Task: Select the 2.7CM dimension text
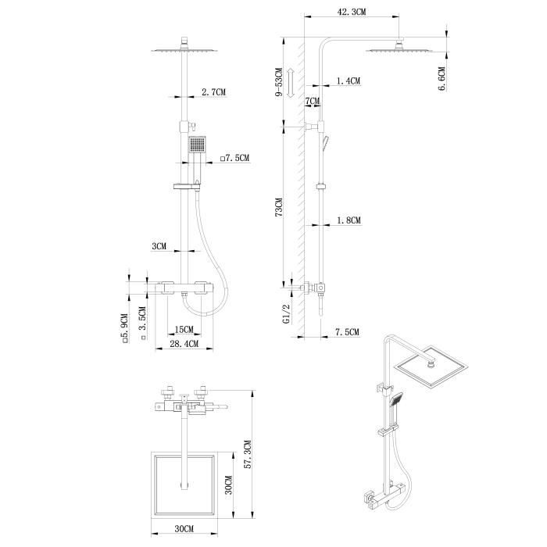[213, 93]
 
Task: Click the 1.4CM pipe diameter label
[348, 81]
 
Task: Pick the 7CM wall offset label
[312, 102]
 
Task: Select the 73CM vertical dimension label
[279, 209]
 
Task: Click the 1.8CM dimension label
[348, 221]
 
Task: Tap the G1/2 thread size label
[287, 313]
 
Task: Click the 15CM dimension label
[184, 329]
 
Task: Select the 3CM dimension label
[159, 246]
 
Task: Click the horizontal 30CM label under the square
[184, 529]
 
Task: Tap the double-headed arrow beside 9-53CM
[290, 82]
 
